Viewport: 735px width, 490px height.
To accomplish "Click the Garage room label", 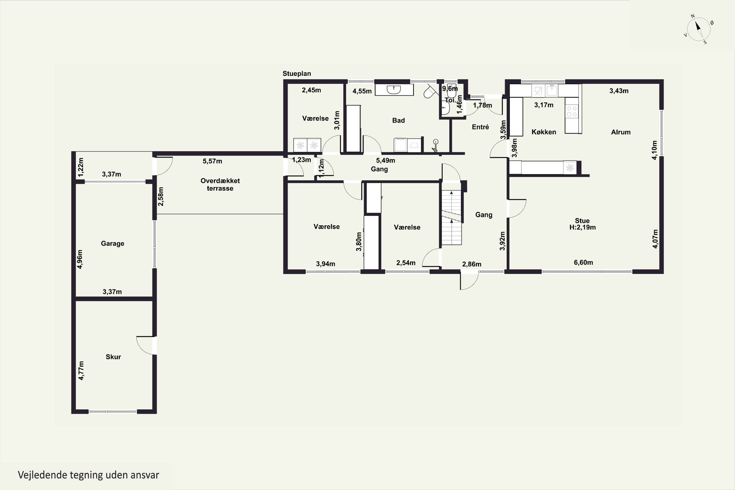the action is click(112, 244).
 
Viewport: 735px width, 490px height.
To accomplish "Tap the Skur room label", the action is click(113, 357).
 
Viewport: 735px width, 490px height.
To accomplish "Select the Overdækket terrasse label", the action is click(220, 184).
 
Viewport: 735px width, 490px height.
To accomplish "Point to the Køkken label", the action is click(544, 132).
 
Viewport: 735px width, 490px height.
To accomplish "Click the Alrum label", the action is click(621, 132).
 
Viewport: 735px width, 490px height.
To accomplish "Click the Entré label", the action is click(480, 127).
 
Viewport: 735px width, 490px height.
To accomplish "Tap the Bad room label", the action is click(398, 120).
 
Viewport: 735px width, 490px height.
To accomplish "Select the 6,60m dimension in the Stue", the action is click(583, 262).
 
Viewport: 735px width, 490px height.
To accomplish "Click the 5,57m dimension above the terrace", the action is click(212, 161).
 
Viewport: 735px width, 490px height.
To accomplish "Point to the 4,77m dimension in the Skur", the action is click(81, 371).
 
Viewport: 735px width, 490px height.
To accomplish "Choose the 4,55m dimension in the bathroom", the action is click(362, 91).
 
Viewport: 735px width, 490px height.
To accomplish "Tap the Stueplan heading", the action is click(297, 74).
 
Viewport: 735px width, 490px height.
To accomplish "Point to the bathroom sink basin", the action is click(394, 90).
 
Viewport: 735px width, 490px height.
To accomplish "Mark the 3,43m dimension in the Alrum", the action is click(619, 91).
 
